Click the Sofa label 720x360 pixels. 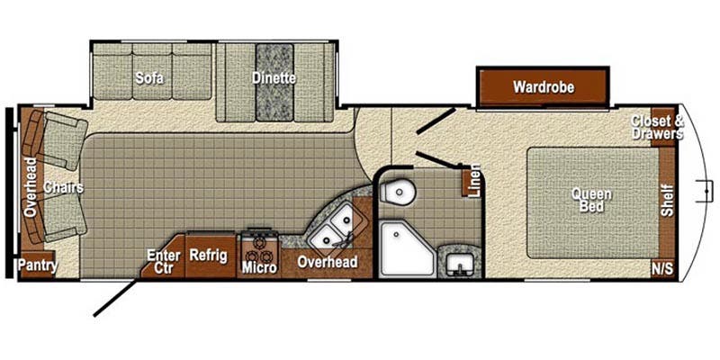point(148,77)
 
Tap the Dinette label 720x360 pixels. point(274,77)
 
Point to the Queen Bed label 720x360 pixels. point(589,200)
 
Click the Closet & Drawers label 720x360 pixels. point(657,127)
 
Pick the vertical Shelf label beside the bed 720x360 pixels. point(667,200)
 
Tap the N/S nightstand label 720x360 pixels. point(662,268)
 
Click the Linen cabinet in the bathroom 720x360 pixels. point(472,181)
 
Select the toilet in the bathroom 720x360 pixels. point(393,193)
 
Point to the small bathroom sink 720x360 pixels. point(461,264)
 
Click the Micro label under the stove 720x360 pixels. point(258,267)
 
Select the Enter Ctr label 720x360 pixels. point(163,261)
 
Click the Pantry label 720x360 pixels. point(39,265)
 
